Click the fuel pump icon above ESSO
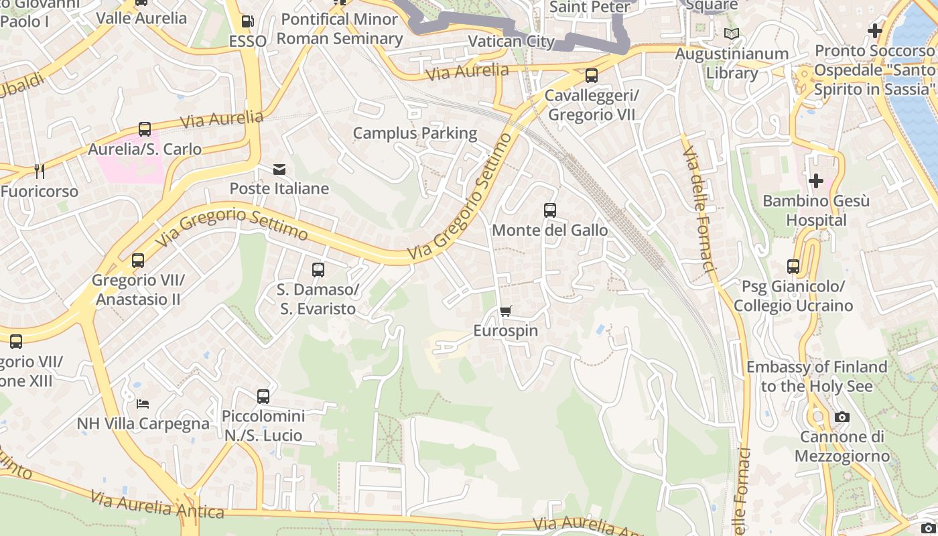coord(247,21)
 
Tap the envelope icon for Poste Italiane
coord(279,170)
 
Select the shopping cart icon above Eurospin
coord(506,311)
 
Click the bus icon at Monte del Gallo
coord(550,210)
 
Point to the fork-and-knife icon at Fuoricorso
coord(40,172)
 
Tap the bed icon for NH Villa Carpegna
coord(143,403)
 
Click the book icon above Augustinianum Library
coord(732,33)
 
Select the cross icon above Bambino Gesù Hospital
coord(816,181)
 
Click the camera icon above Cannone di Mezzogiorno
coord(842,417)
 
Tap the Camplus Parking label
coord(415,133)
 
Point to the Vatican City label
coord(511,42)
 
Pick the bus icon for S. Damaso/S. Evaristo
coord(318,270)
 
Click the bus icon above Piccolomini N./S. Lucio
coord(263,396)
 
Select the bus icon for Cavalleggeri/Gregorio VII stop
coord(591,76)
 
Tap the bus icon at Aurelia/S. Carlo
coord(145,129)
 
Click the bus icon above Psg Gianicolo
coord(793,267)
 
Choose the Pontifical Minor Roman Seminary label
coord(340,29)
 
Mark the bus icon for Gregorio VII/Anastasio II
coord(138,261)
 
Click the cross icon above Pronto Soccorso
coord(874,31)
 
